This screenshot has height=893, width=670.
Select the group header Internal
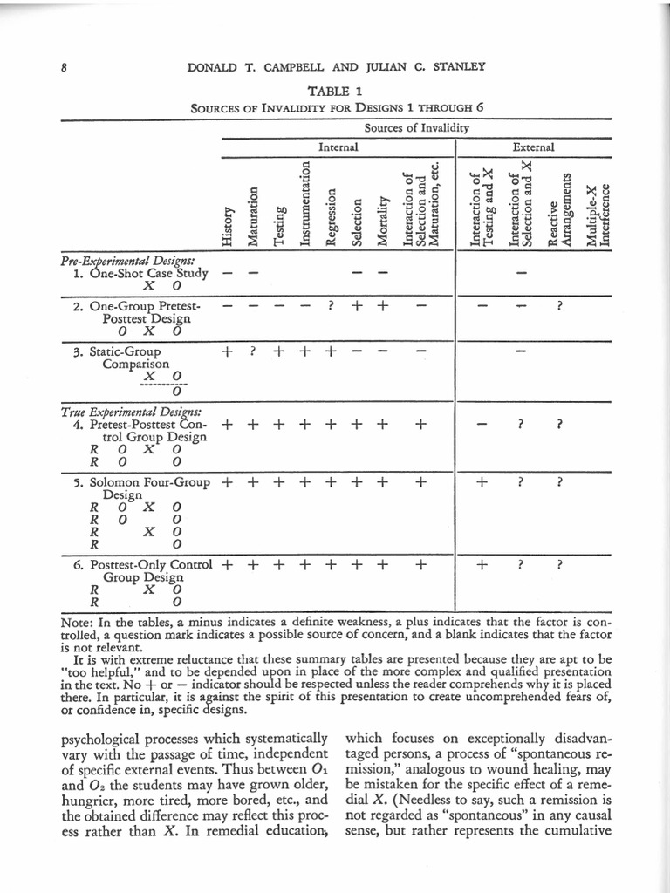click(x=338, y=147)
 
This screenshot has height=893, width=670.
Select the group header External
click(x=533, y=147)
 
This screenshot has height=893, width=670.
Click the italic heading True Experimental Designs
click(x=131, y=411)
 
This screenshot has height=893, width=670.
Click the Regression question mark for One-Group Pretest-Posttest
click(x=331, y=307)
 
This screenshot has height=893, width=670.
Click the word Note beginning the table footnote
click(x=77, y=623)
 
